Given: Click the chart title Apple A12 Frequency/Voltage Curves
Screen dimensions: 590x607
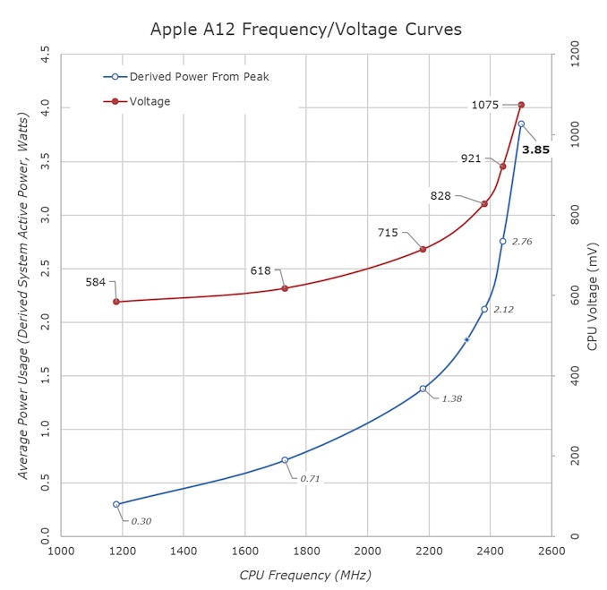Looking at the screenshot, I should point(305,30).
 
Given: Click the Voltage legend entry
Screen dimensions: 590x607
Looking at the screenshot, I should point(150,101).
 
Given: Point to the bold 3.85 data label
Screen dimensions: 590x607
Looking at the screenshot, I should point(535,150).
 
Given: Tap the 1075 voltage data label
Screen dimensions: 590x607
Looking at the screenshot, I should point(484,105).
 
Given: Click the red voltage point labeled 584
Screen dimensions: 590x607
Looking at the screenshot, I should point(116,302).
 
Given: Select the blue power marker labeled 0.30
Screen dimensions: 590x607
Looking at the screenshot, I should point(116,504).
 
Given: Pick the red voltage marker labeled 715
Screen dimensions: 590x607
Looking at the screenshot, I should point(423,249).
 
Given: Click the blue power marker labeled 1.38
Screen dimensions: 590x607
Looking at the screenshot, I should point(423,389).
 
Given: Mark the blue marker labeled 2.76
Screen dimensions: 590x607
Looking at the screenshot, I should point(502,241).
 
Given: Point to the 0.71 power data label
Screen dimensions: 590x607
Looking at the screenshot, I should point(310,479).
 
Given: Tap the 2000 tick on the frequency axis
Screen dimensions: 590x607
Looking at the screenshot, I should point(367,553).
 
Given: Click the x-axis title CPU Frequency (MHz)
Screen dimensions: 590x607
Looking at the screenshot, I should point(305,575).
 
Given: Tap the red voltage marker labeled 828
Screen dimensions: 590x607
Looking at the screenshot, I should point(484,204).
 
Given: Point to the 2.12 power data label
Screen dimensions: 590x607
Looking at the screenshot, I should point(504,309).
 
